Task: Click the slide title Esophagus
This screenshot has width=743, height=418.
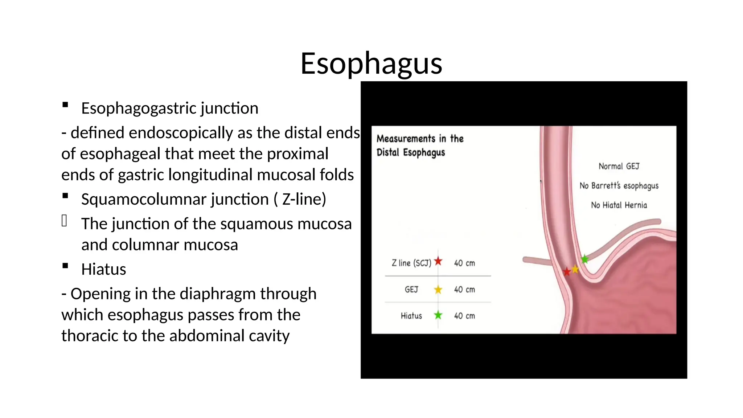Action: (x=371, y=63)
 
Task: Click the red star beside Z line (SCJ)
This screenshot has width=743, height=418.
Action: (x=438, y=261)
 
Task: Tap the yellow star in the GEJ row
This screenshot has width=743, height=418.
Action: (x=438, y=290)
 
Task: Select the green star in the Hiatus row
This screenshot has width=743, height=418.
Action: (x=438, y=315)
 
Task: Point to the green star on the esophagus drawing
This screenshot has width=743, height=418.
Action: (x=584, y=259)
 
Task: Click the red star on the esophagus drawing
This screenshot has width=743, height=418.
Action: (x=567, y=271)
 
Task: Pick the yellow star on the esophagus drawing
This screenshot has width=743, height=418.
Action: (x=575, y=269)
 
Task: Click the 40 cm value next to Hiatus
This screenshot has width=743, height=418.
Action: (x=464, y=316)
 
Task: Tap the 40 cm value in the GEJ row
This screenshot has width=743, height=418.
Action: (x=464, y=290)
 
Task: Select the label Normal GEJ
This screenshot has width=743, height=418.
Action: (x=619, y=166)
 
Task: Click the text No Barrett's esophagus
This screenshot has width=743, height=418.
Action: (x=619, y=186)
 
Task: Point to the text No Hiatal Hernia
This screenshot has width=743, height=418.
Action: (x=619, y=205)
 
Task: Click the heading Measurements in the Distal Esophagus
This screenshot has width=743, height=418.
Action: (x=420, y=146)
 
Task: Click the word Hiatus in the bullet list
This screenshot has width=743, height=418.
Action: (x=104, y=270)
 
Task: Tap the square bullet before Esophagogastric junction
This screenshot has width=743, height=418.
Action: (x=65, y=105)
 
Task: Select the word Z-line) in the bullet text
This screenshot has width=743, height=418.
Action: (x=304, y=199)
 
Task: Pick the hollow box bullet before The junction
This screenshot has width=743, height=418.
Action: (x=64, y=221)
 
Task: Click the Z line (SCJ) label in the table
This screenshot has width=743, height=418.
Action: (x=411, y=263)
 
